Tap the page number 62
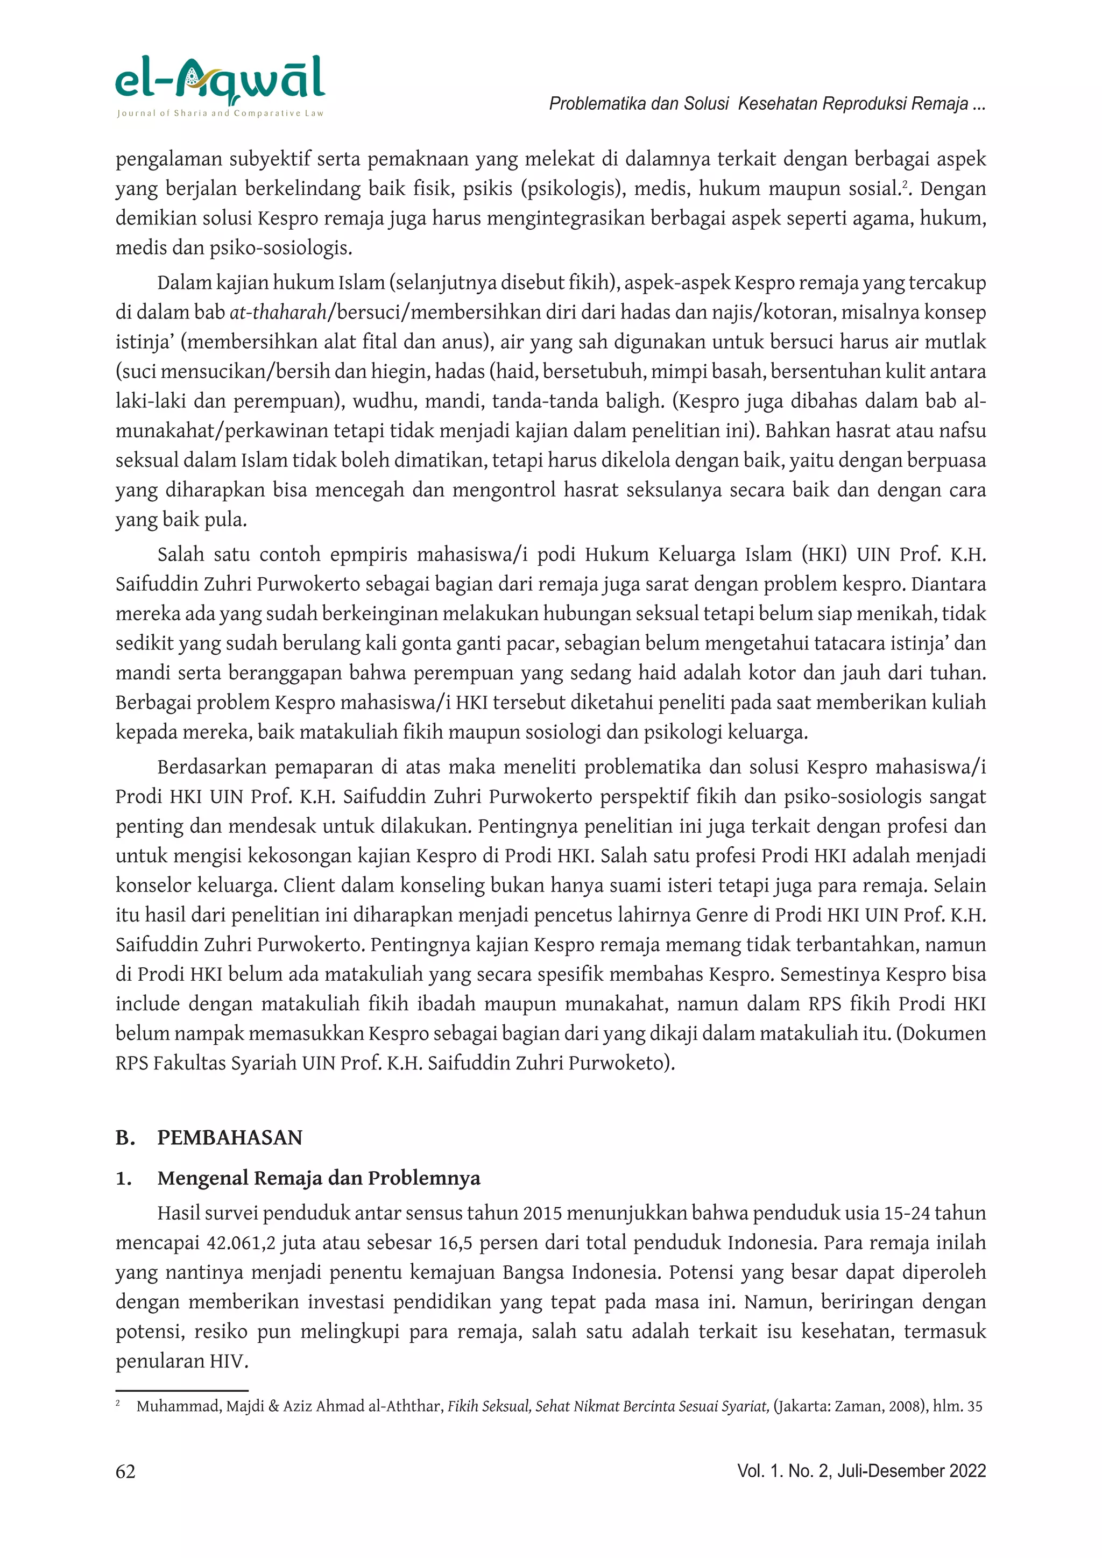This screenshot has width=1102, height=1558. pos(125,1471)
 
